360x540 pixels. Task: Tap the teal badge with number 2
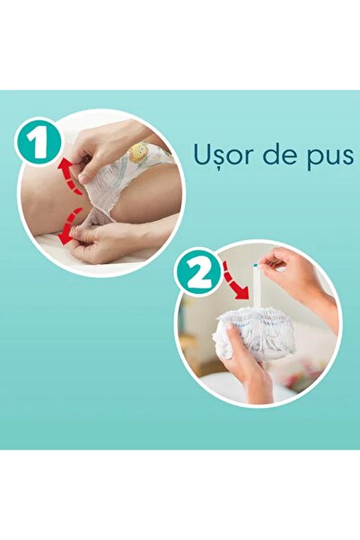[199, 271]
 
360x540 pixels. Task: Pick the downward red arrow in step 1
[69, 226]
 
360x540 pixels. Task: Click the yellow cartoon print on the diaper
[138, 154]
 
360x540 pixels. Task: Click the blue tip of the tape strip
[258, 266]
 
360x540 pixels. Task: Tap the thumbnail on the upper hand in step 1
[86, 177]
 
